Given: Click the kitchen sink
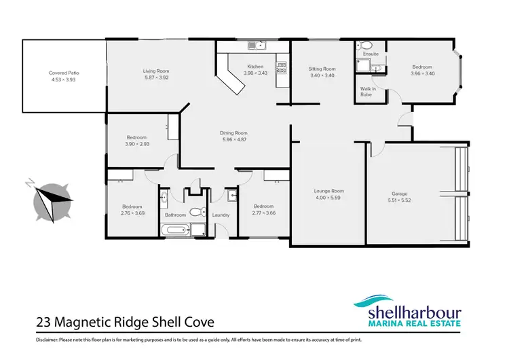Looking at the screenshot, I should click(x=257, y=46).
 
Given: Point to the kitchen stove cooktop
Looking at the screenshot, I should click(x=281, y=67).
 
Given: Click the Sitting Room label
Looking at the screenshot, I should click(x=322, y=69).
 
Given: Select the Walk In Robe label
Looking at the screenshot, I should click(x=368, y=91).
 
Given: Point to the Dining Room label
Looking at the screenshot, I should click(x=233, y=133).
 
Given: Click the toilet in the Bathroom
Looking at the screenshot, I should click(x=196, y=212).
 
